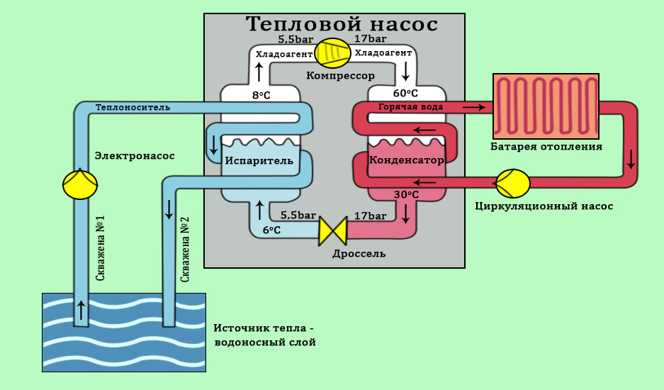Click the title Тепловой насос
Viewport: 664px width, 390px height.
click(x=342, y=24)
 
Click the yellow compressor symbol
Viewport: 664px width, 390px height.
click(x=332, y=53)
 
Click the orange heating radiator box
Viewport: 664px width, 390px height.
click(x=546, y=106)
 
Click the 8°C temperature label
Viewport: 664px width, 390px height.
click(x=261, y=95)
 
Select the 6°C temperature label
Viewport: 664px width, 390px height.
click(x=271, y=230)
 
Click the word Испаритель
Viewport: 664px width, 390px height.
click(x=259, y=160)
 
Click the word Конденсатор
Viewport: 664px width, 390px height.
click(x=407, y=160)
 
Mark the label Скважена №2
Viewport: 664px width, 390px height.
click(x=185, y=249)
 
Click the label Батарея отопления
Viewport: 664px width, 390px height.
click(x=546, y=147)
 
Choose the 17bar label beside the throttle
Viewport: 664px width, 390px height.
click(x=370, y=216)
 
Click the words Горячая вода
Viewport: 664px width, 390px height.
click(x=411, y=107)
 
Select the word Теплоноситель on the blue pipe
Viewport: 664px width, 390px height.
click(x=133, y=108)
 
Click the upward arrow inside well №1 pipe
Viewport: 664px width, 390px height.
click(x=80, y=309)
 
